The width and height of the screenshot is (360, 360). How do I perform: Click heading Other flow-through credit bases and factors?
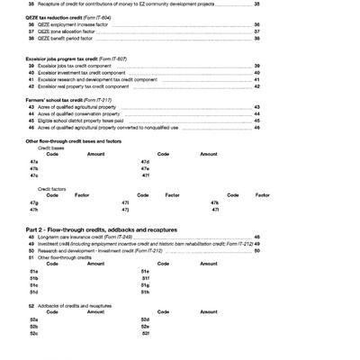(74, 140)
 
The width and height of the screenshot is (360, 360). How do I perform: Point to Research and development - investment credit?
(99, 250)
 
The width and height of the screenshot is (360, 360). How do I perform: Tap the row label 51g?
(145, 284)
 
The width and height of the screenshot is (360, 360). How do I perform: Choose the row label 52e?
(145, 326)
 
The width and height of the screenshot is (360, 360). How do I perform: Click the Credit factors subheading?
(51, 188)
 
